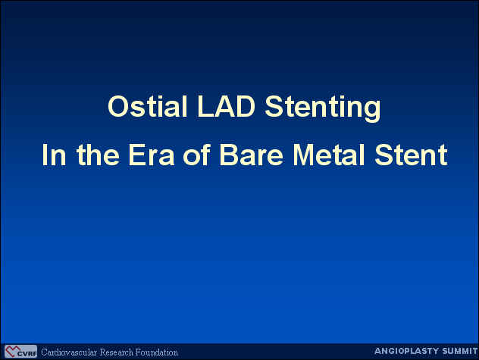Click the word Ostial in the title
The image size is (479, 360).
point(147,106)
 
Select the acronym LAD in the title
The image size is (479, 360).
point(226,106)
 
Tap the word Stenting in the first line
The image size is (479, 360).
point(323,108)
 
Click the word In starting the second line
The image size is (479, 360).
point(54,155)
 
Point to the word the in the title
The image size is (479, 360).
point(98,155)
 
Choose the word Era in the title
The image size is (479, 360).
point(152,155)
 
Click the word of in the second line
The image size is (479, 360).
point(197,155)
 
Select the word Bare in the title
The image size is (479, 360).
point(252,155)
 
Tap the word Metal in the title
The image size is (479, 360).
point(329,155)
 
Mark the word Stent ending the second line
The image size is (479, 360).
point(411,155)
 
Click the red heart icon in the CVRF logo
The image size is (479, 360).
point(12,351)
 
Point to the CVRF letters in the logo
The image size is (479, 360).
point(27,354)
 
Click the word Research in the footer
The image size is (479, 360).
point(117,352)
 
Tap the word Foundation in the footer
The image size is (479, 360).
point(156,352)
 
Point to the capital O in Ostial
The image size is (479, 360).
point(118,106)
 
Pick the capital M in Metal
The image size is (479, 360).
point(303,155)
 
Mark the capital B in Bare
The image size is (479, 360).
point(229,155)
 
